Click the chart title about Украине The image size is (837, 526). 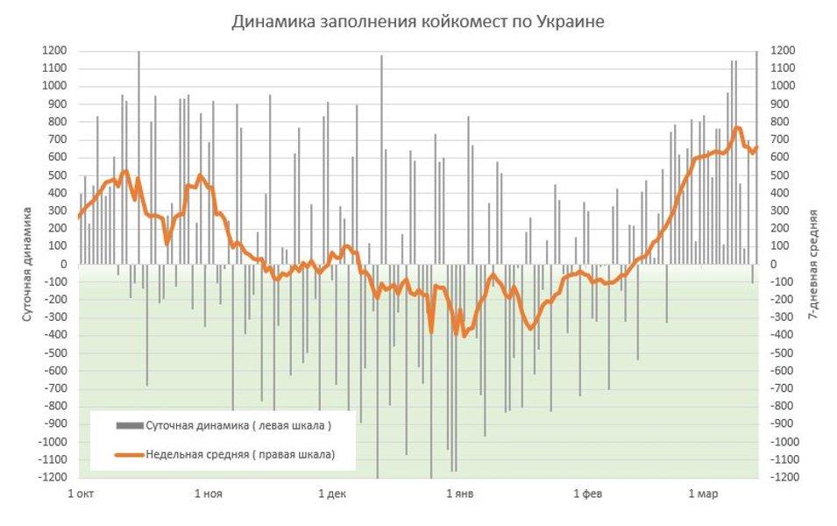pyautogui.click(x=418, y=22)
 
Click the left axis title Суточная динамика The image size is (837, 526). pyautogui.click(x=27, y=263)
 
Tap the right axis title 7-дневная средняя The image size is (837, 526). pyautogui.click(x=814, y=263)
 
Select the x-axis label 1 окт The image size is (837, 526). pyautogui.click(x=80, y=494)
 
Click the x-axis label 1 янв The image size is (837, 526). pyautogui.click(x=460, y=494)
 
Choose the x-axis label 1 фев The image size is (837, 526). pyautogui.click(x=588, y=494)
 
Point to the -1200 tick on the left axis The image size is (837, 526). pyautogui.click(x=52, y=477)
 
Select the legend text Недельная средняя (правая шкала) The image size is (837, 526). pyautogui.click(x=240, y=454)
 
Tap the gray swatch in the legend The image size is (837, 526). pyautogui.click(x=129, y=425)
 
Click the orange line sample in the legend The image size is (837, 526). pyautogui.click(x=129, y=454)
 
